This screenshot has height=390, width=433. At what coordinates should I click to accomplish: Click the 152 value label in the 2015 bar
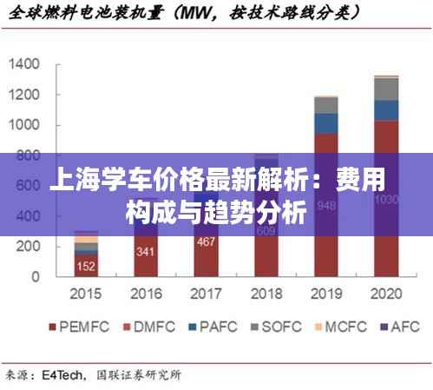point(86,266)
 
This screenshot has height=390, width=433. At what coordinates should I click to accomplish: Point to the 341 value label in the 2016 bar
point(146,253)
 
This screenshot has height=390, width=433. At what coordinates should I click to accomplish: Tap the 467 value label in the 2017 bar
point(206,242)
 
